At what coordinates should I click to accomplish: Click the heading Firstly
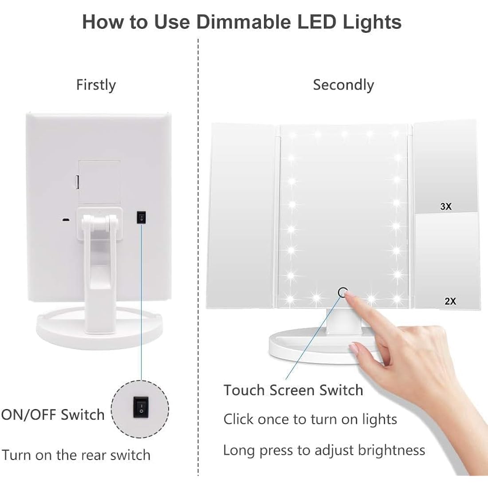(96, 85)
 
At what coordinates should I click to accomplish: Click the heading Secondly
(343, 85)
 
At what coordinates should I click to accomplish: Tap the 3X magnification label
(446, 206)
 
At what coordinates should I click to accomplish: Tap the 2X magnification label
(450, 301)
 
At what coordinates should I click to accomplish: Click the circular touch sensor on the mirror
(342, 292)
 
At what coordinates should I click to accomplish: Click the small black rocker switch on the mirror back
(141, 217)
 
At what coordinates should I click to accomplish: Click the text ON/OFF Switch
(52, 415)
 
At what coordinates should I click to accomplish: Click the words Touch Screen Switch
(293, 390)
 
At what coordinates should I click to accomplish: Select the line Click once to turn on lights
(310, 419)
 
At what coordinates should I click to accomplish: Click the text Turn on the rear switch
(76, 455)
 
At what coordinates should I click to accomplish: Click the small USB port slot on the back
(65, 220)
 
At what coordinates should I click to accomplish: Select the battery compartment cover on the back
(99, 182)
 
